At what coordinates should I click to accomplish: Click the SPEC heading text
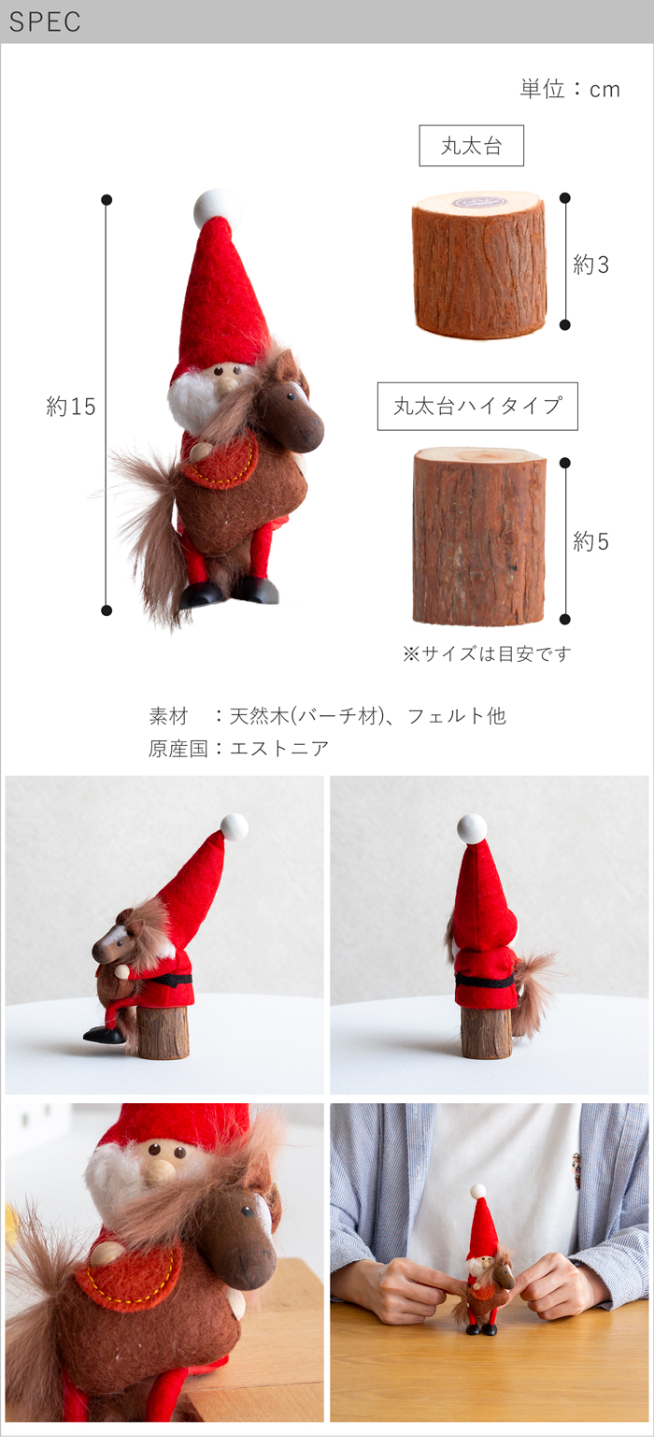pyautogui.click(x=45, y=22)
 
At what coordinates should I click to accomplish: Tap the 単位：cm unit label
pyautogui.click(x=570, y=89)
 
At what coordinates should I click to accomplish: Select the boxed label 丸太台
pyautogui.click(x=471, y=146)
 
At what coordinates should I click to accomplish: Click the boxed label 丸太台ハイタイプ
pyautogui.click(x=477, y=407)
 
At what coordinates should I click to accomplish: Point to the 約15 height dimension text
pyautogui.click(x=70, y=407)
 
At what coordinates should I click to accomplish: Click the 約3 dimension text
pyautogui.click(x=590, y=265)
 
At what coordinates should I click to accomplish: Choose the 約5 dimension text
pyautogui.click(x=590, y=541)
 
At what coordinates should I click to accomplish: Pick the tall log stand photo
pyautogui.click(x=479, y=536)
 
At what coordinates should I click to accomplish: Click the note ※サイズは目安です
pyautogui.click(x=487, y=653)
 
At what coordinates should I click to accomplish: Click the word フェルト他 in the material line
pyautogui.click(x=456, y=716)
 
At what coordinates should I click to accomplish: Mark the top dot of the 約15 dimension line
pyautogui.click(x=107, y=200)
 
